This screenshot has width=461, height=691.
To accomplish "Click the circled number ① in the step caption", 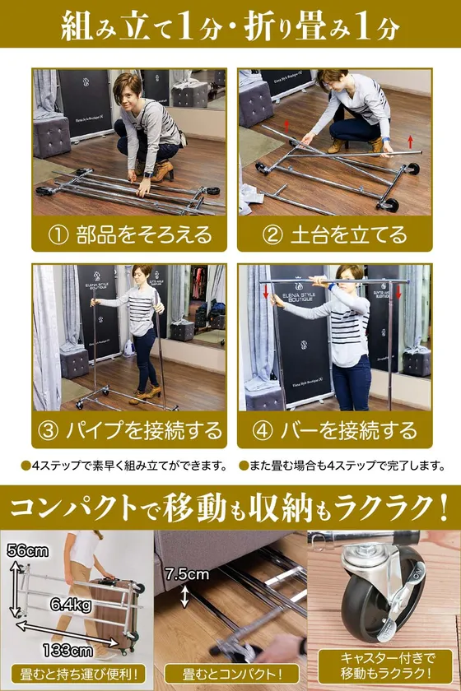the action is tap(58, 235).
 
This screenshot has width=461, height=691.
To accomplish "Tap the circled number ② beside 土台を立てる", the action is tap(272, 235).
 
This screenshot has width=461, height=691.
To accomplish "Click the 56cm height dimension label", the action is tap(28, 551).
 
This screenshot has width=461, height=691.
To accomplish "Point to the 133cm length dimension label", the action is tap(68, 651).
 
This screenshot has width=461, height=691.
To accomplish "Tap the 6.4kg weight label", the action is tap(71, 605).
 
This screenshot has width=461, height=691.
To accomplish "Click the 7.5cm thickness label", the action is tap(187, 574).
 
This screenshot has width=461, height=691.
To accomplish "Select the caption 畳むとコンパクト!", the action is tap(231, 675).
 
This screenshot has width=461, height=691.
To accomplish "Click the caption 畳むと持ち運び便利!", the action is tap(77, 675).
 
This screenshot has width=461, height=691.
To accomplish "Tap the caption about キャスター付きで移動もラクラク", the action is tap(385, 666).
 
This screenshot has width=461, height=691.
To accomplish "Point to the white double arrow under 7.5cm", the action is tap(185, 597).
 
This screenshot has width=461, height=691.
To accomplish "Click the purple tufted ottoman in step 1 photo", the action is tap(52, 137).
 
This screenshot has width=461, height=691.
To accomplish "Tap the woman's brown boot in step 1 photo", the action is tap(162, 171).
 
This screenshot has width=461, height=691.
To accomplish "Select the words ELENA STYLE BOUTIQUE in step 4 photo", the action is tap(300, 294).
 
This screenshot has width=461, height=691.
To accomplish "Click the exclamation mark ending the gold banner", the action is tap(442, 508).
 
